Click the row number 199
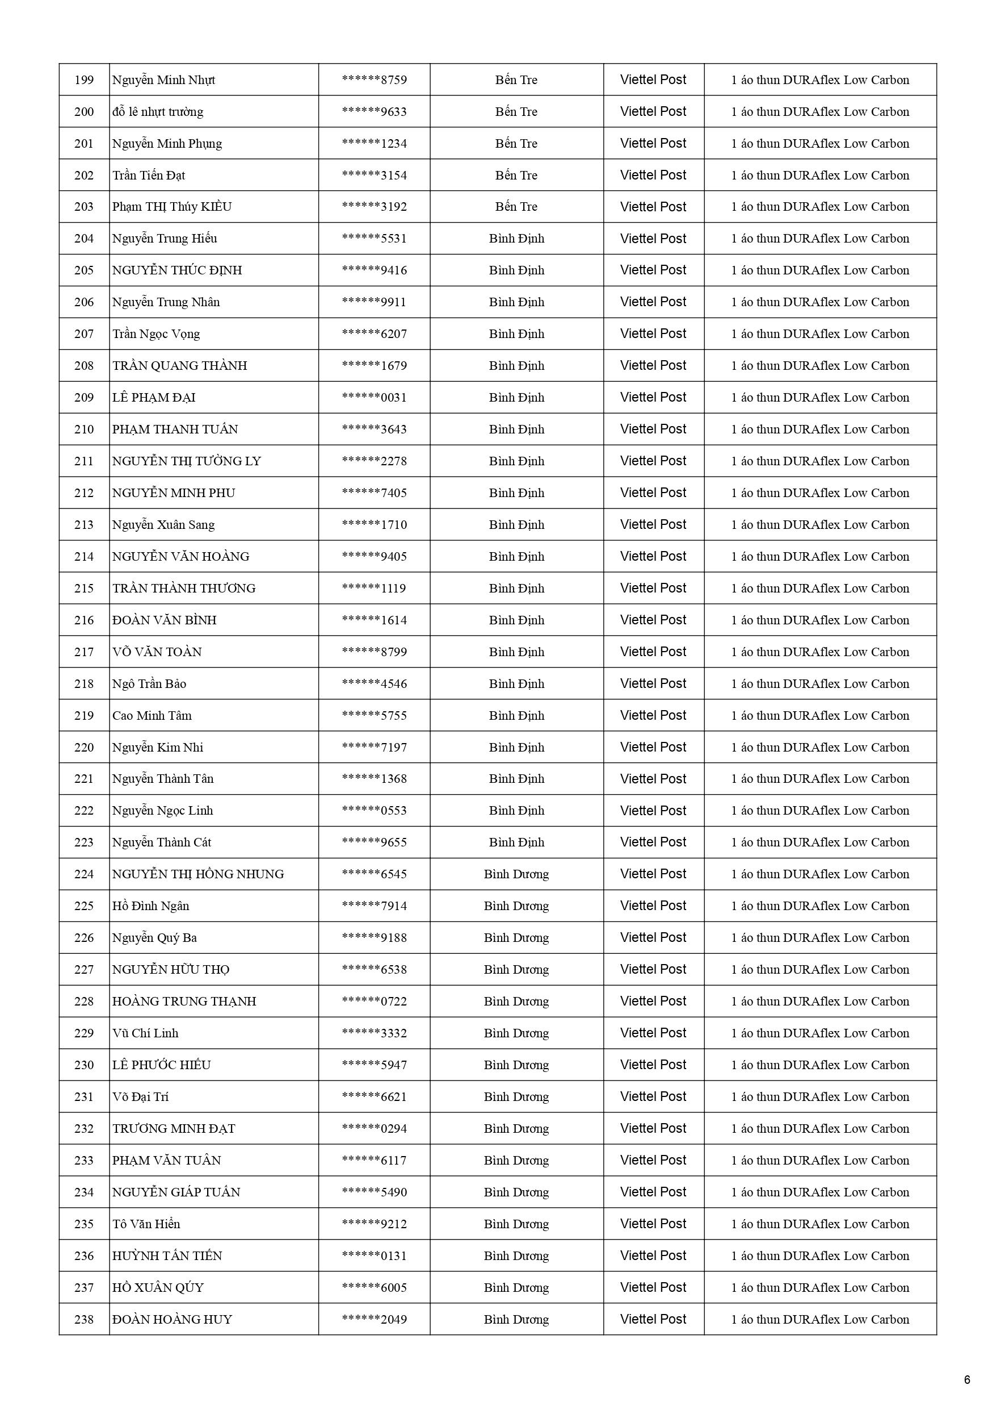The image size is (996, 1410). point(84,80)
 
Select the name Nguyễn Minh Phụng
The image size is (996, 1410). point(167,144)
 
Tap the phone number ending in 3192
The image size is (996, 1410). point(374,207)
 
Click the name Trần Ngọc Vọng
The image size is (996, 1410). point(156,334)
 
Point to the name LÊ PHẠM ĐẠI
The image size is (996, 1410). point(153,397)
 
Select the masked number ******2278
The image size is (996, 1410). point(374,461)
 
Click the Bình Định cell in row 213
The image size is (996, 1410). point(516,524)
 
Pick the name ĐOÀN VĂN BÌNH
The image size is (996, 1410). point(164,620)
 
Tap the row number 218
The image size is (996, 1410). point(84,683)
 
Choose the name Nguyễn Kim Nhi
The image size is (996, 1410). point(157,748)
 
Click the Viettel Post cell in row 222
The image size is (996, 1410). point(653,811)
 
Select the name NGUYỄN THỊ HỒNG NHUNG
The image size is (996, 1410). point(197,874)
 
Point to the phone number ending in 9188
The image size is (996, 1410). point(374,938)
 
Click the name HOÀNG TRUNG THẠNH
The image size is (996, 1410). point(183,1001)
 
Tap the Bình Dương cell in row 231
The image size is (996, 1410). point(516,1097)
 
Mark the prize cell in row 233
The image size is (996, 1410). point(820,1160)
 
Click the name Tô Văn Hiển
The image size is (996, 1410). point(146,1224)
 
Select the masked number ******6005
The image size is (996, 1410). point(374,1287)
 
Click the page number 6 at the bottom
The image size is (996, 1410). point(967,1380)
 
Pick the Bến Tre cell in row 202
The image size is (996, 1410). point(516,176)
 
